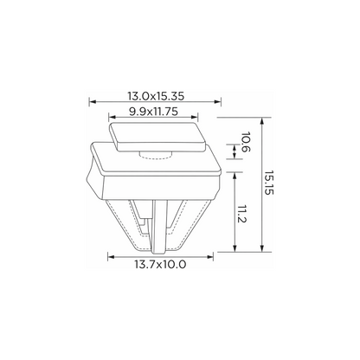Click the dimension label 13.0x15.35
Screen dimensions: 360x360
point(156,96)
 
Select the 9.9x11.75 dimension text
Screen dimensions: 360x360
point(153,112)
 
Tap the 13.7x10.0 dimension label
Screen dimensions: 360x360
point(160,264)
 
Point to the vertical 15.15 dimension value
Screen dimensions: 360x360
point(268,183)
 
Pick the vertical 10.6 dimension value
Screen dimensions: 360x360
point(246,142)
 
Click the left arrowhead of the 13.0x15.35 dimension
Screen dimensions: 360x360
point(93,101)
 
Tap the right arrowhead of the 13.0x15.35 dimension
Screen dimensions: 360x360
point(218,101)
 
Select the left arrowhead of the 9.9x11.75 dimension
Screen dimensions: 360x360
point(112,117)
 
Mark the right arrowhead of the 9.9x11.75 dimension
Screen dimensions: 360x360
point(195,117)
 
